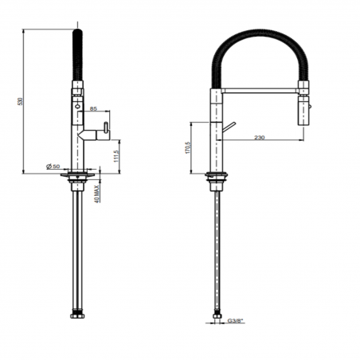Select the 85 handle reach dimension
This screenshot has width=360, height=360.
click(95, 108)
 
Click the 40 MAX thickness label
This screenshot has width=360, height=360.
click(96, 194)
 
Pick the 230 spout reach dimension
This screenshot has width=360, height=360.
click(258, 139)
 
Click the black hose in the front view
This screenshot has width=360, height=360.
click(77, 53)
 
